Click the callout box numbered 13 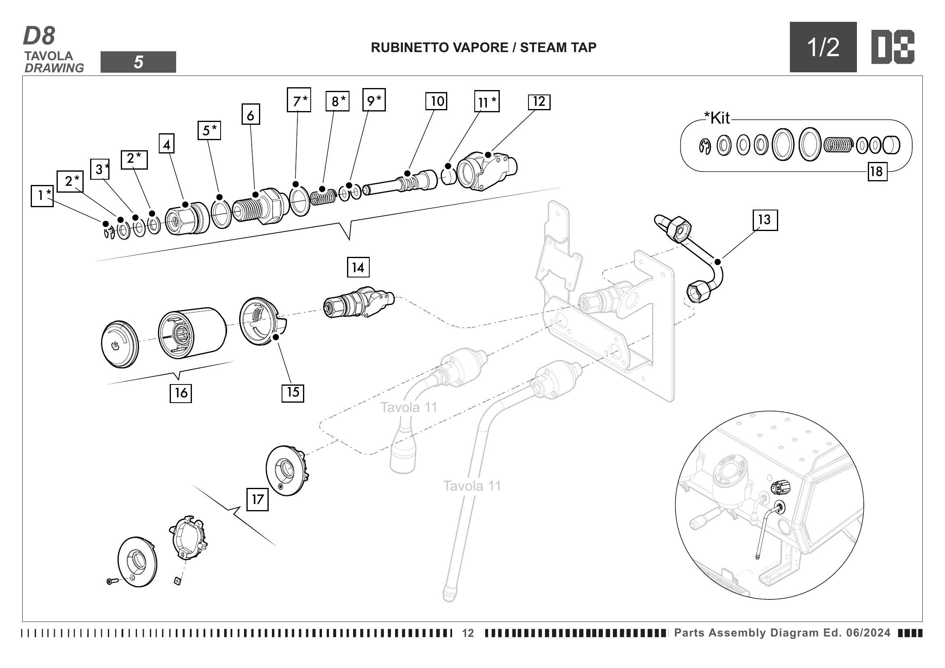point(765,220)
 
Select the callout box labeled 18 point(877,171)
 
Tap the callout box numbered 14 point(358,268)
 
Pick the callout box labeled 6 point(250,115)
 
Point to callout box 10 point(437,101)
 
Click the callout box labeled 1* point(42,195)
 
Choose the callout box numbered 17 point(257,499)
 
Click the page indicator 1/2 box point(823,47)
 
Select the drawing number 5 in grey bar point(138,62)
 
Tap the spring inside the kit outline point(838,145)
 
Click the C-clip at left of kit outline point(705,146)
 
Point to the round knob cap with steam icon point(120,344)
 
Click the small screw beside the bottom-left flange point(112,581)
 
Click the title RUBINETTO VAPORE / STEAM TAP point(483,48)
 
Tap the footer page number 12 point(468,633)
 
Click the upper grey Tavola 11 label point(408,407)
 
